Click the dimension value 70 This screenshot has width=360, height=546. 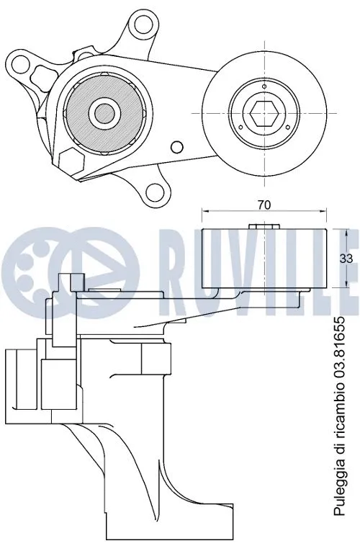tap(264, 205)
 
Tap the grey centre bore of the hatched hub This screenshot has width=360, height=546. tap(103, 112)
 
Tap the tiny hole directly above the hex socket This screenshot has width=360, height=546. tap(263, 88)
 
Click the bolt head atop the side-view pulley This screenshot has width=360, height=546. tap(264, 228)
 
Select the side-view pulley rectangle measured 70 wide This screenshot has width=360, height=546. tap(264, 257)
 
